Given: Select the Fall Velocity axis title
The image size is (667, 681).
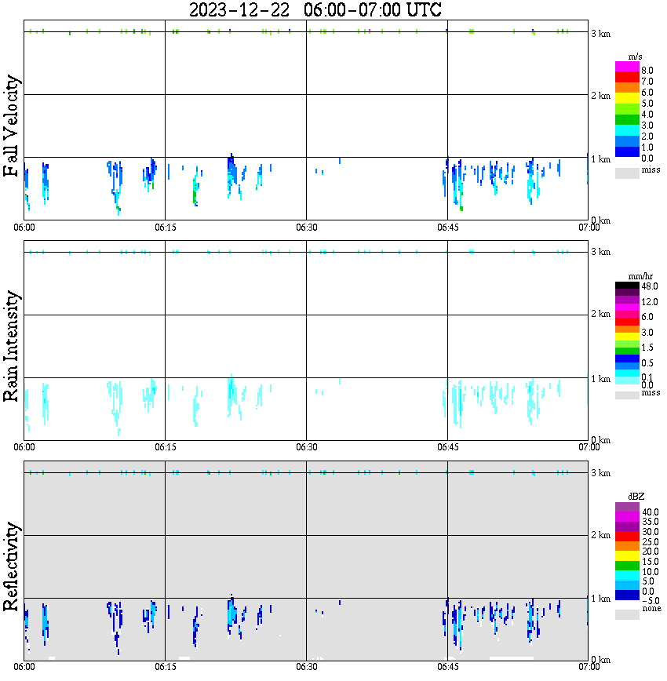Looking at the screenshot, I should (x=12, y=126).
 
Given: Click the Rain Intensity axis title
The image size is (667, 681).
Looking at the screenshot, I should (x=12, y=346).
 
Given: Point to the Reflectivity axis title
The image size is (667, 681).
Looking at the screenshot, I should (x=12, y=566).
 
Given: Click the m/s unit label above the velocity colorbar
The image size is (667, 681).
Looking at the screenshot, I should (x=633, y=56).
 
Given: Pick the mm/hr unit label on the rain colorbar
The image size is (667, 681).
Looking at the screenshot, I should (x=640, y=277).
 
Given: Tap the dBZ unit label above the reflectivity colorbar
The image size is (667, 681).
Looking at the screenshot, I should (x=637, y=497).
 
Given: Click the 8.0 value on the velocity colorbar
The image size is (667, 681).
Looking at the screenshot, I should (x=647, y=70).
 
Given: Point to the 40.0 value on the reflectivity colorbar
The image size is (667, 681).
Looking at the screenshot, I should (x=650, y=512).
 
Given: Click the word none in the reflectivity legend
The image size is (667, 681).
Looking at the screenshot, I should (x=651, y=608).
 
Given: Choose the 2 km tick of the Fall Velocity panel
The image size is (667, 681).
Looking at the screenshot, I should (x=600, y=96).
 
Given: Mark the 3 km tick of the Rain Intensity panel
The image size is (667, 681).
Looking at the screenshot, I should (x=600, y=252).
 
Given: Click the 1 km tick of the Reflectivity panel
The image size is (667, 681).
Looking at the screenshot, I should (x=600, y=599).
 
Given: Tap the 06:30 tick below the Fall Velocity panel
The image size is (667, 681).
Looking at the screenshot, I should (x=306, y=227).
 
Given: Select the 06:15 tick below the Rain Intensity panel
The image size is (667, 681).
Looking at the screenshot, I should (x=165, y=447).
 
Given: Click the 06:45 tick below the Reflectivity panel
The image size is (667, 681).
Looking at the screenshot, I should (x=447, y=667).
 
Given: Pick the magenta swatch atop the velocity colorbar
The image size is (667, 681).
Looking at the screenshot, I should (x=627, y=66).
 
